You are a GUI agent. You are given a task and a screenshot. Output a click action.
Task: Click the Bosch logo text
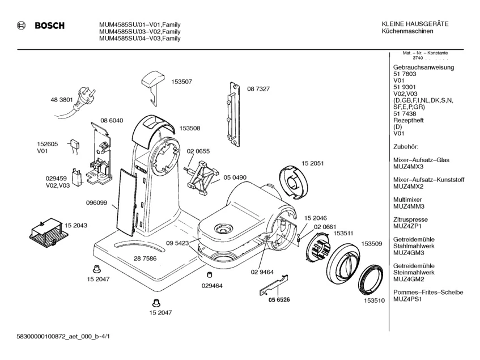point(50,26)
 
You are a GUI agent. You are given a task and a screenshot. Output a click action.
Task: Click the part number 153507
point(181,82)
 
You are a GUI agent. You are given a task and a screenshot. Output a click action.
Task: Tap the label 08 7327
point(258,89)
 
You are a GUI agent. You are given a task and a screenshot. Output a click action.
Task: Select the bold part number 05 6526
point(279,299)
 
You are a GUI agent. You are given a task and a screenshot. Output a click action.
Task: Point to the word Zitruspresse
point(410,219)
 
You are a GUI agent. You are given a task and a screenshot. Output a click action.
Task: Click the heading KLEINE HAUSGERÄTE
point(415,24)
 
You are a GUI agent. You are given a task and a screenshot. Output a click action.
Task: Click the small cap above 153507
point(152,79)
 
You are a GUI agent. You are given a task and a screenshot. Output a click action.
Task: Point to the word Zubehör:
point(405,147)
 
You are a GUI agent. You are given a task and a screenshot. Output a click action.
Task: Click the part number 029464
point(212,286)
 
